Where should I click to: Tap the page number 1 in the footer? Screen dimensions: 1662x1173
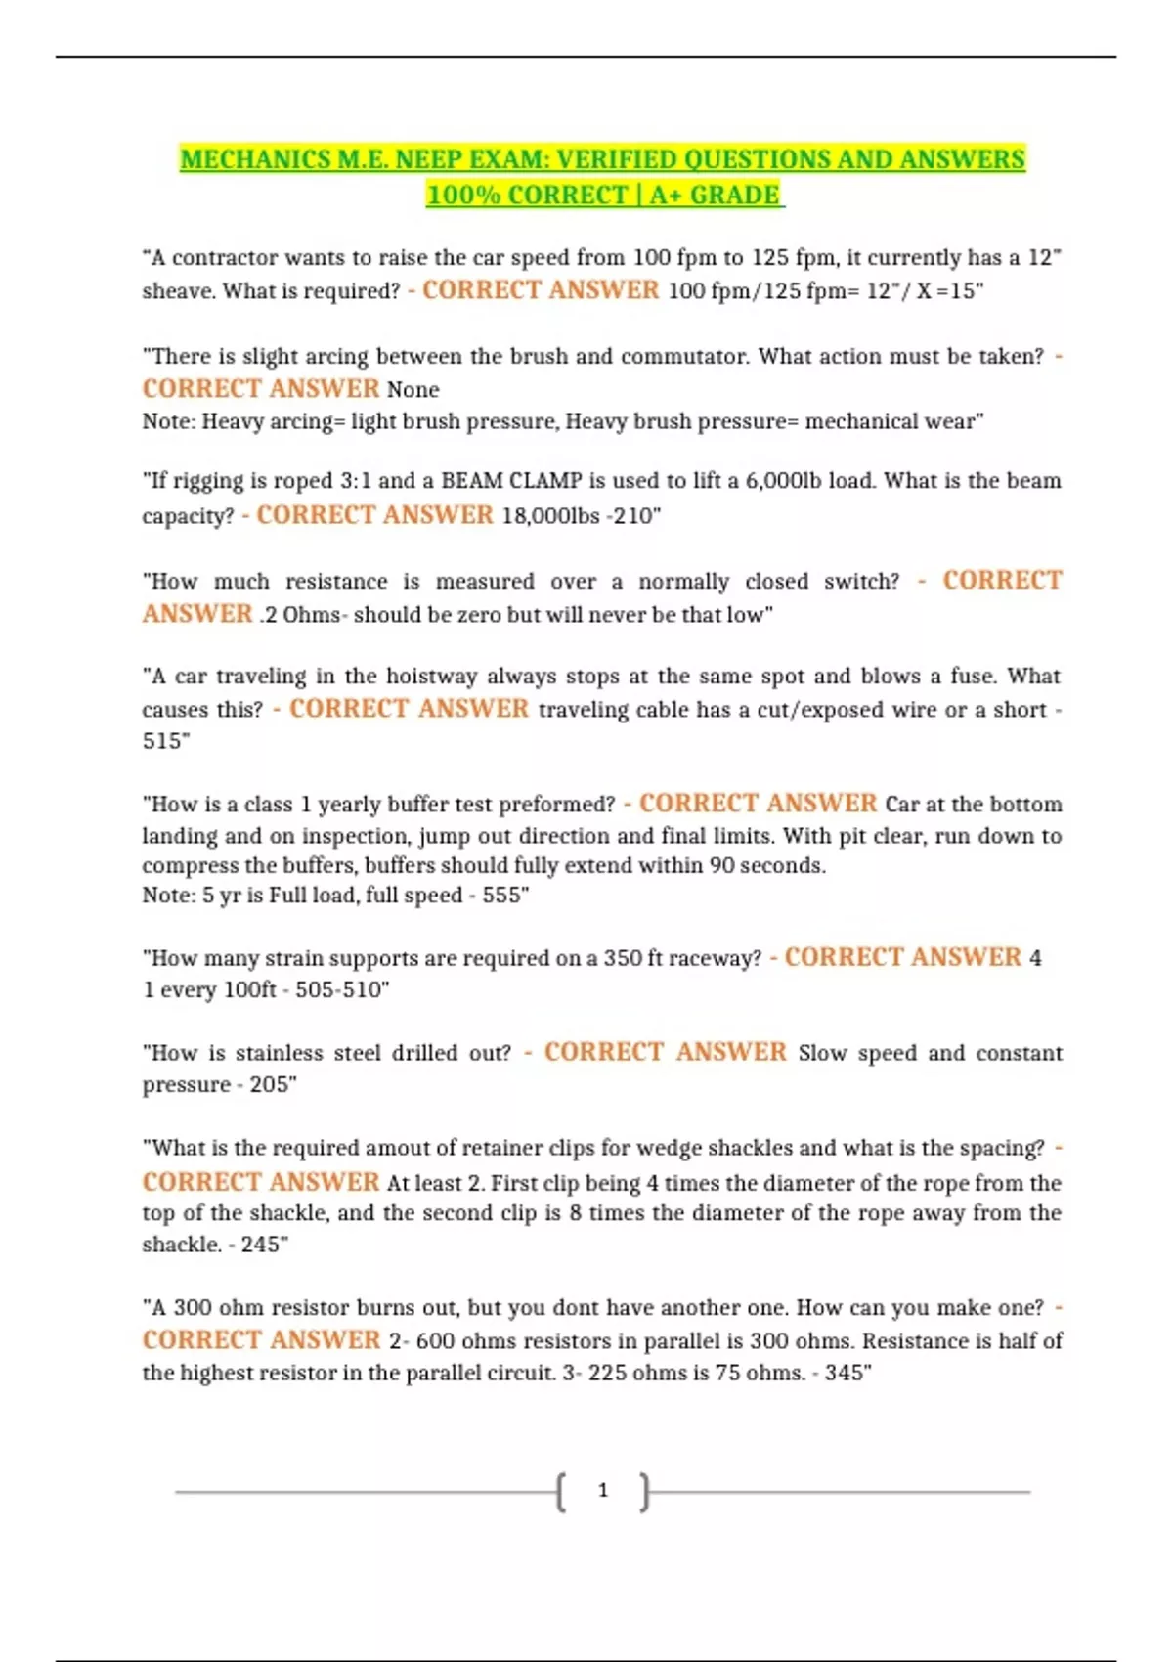click(x=603, y=1490)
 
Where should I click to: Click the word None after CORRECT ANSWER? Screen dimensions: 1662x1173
click(x=413, y=390)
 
